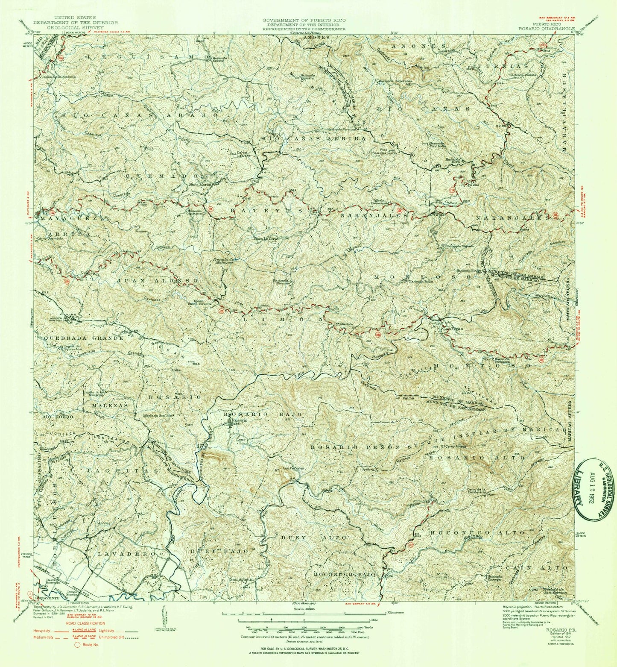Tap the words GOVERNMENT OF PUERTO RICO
304,20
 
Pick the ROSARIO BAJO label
263,414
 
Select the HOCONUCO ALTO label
477,533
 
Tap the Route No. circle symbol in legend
77,645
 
